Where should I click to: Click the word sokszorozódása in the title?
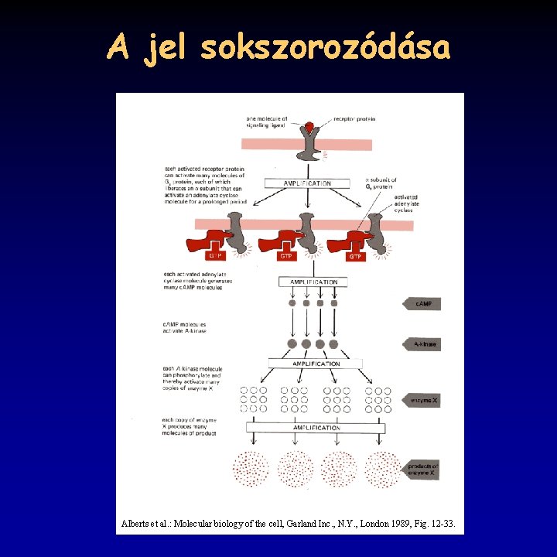click(324, 48)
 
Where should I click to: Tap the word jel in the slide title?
click(162, 48)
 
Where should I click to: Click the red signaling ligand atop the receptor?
click(309, 126)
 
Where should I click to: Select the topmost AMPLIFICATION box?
click(307, 183)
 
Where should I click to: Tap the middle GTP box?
click(286, 255)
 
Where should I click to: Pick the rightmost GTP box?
click(355, 255)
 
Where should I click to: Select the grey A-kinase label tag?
click(422, 344)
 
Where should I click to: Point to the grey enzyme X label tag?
click(422, 400)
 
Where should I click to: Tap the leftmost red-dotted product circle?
click(251, 469)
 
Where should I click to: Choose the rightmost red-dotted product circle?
click(381, 469)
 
